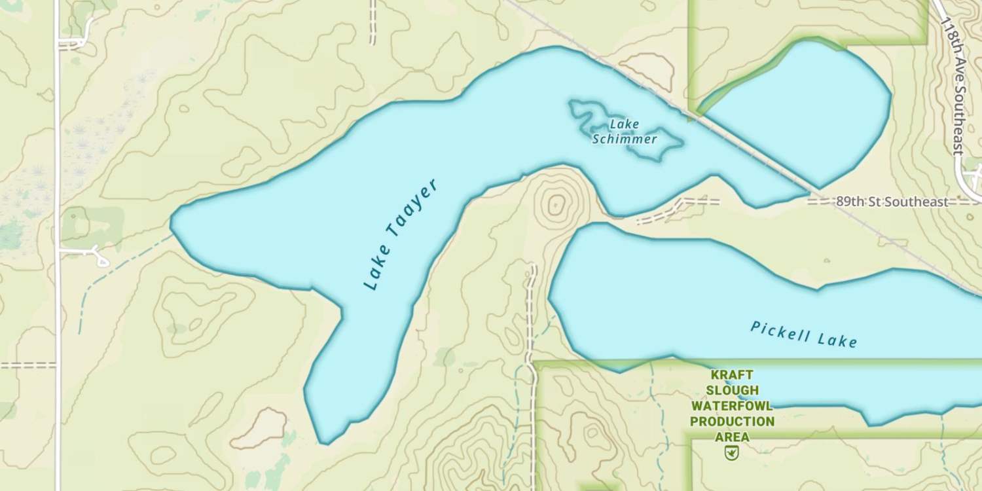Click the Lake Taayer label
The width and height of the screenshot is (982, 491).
point(400,234)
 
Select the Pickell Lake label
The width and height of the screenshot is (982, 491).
point(803,334)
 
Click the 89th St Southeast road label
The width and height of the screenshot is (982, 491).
point(891,202)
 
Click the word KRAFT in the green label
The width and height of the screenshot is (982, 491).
point(732,375)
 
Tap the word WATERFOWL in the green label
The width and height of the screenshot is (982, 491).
point(732,406)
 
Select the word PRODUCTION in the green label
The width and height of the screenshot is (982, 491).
point(732,422)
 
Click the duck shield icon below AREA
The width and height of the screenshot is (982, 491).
point(732,452)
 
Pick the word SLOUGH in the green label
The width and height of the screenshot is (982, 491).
point(732,391)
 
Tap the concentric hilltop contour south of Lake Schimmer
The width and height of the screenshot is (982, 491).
point(556,205)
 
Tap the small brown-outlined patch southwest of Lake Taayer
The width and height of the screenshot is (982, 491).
point(262,429)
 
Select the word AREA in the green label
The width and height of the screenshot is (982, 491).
point(732,437)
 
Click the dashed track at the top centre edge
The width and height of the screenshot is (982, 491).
point(373,23)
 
